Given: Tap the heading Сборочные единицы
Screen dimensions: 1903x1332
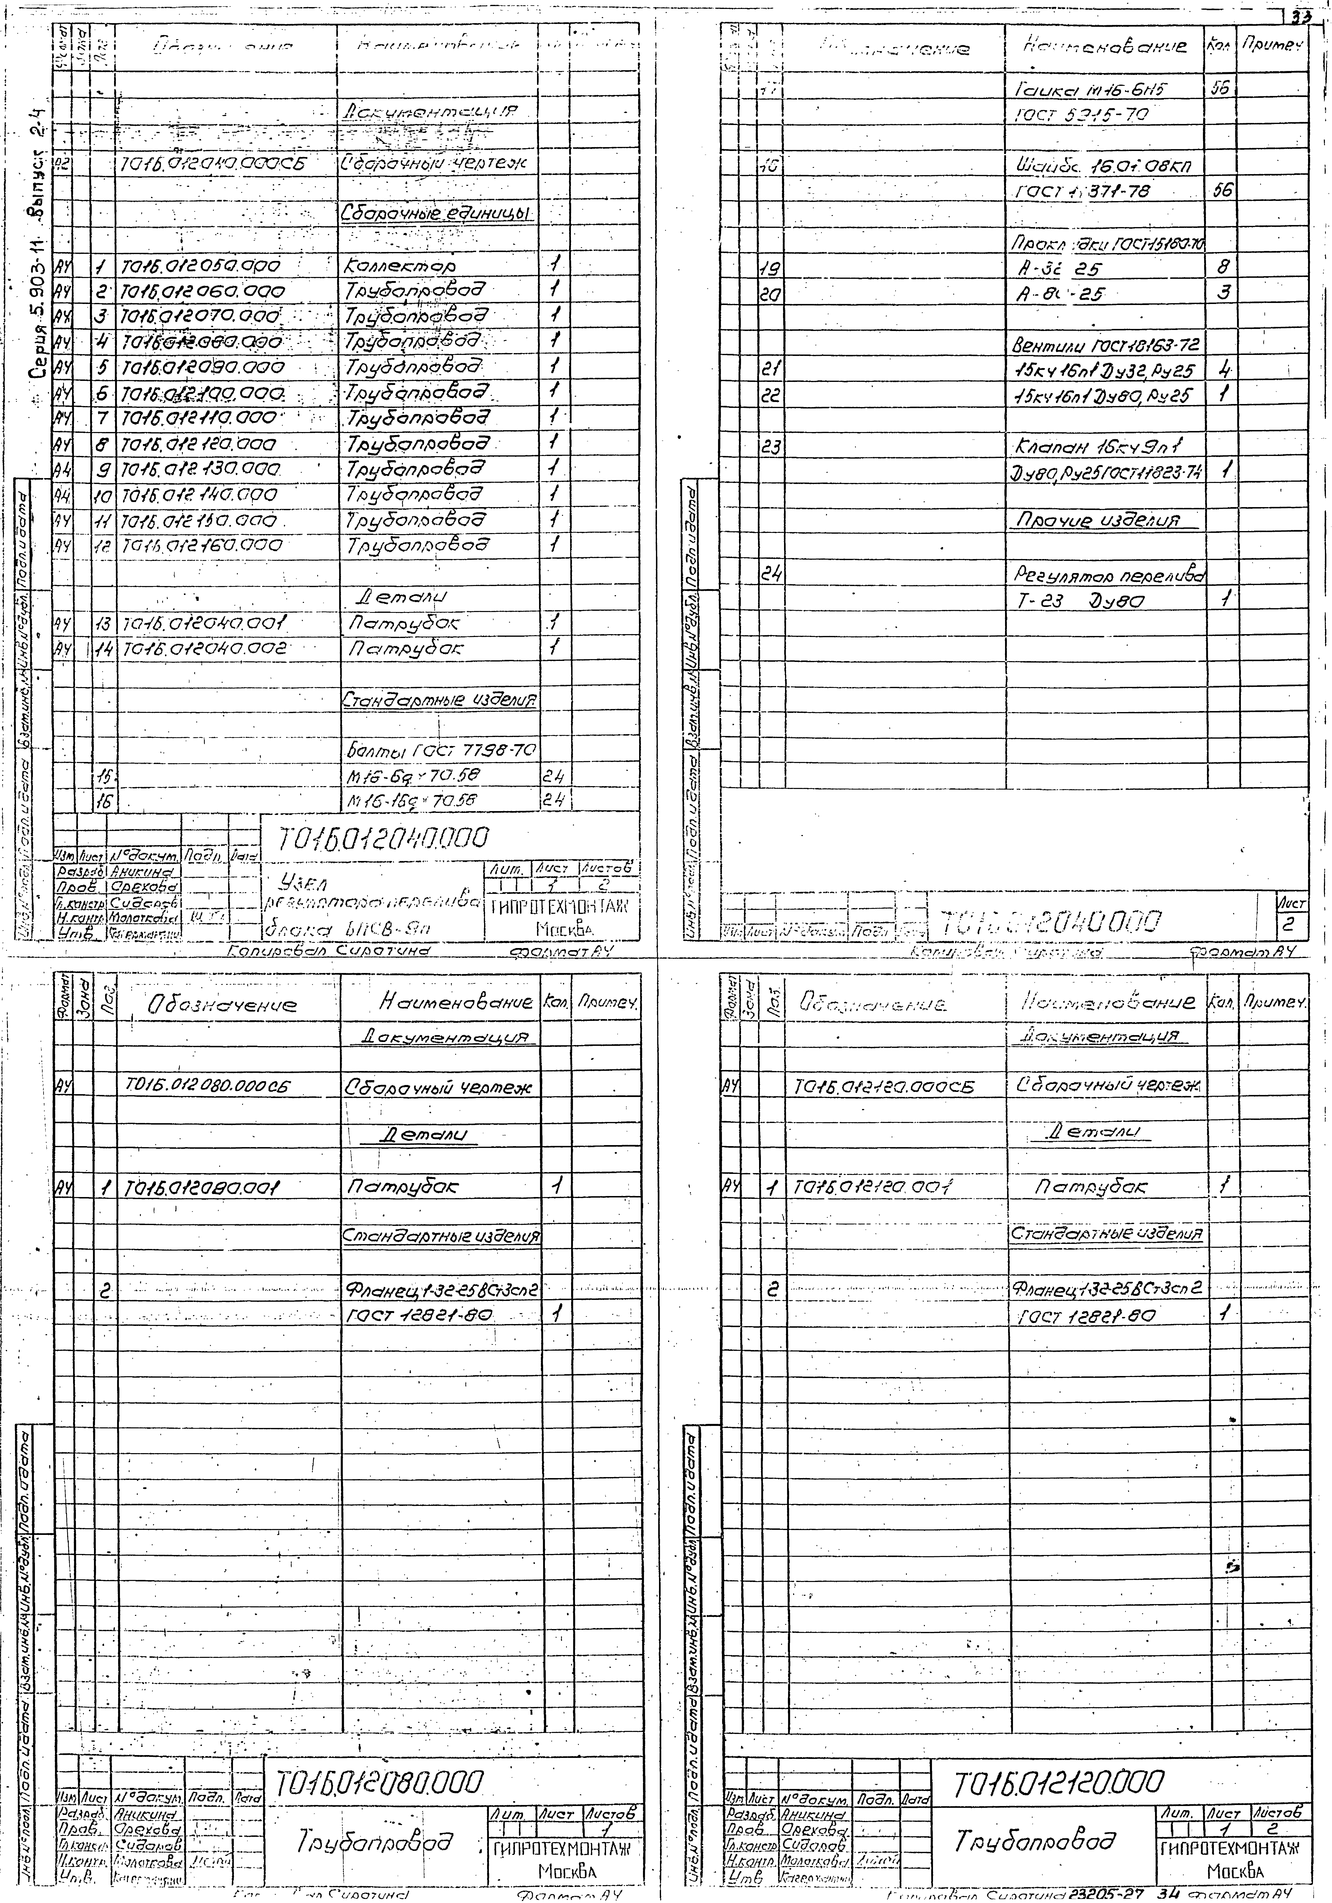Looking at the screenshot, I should pos(437,214).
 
